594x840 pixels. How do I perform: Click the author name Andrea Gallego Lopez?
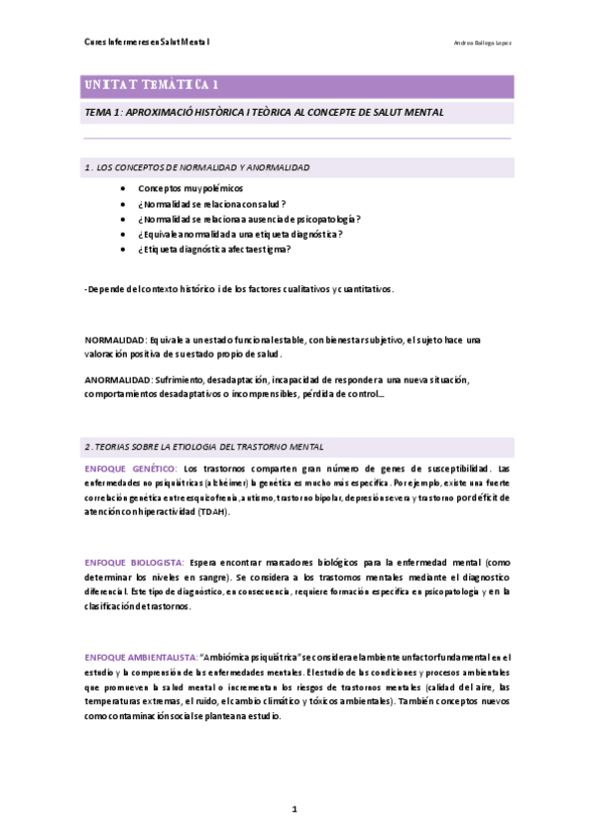pyautogui.click(x=482, y=44)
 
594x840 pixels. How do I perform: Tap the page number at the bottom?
pyautogui.click(x=295, y=809)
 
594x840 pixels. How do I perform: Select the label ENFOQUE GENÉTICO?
pyautogui.click(x=131, y=468)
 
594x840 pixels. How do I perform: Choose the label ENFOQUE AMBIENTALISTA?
pyautogui.click(x=140, y=657)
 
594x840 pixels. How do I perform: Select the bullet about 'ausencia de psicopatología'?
pyautogui.click(x=249, y=218)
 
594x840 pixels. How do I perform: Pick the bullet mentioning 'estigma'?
pyautogui.click(x=214, y=249)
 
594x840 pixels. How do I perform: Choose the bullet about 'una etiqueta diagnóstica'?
pyautogui.click(x=240, y=234)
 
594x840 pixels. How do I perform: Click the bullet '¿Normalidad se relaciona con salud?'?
pyautogui.click(x=212, y=203)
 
